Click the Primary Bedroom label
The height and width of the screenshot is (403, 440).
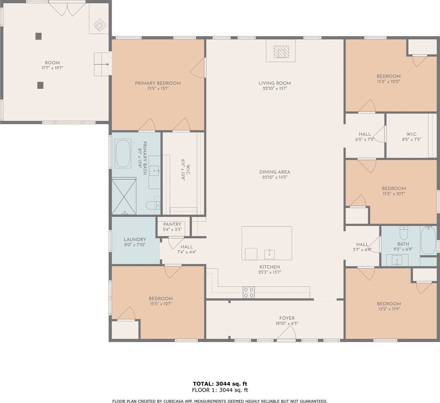coord(158,83)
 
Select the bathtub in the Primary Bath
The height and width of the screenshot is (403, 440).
coord(123,153)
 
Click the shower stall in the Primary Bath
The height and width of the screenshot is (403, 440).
coord(125,197)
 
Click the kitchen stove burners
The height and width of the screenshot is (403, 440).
coord(249,292)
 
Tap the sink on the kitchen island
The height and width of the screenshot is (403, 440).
coord(269,254)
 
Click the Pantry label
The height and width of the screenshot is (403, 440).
coord(172,224)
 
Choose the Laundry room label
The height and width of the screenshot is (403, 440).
coord(135,240)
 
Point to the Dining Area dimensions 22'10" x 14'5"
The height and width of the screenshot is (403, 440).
coord(275,177)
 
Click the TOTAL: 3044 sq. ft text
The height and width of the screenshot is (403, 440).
coord(220,384)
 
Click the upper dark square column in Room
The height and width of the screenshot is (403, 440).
coord(39,36)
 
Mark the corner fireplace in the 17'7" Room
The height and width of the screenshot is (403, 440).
coord(99,24)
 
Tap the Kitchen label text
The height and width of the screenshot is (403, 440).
coord(270,267)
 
